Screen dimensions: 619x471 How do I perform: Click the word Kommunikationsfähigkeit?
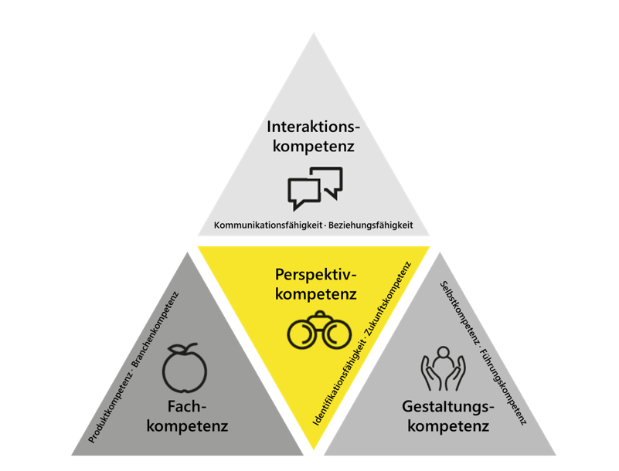point(268,225)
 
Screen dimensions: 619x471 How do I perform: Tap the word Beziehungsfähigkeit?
point(371,225)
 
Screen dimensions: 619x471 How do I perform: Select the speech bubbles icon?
point(315,188)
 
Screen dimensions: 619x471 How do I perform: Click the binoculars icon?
point(319,330)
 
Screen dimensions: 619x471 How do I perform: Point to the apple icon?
point(185,368)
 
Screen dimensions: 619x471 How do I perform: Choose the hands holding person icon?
point(443,368)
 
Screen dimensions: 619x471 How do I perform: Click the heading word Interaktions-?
point(314,127)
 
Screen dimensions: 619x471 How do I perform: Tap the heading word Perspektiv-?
point(315,275)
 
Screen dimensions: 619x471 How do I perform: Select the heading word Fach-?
point(187,406)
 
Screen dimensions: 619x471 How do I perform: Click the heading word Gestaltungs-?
point(448,407)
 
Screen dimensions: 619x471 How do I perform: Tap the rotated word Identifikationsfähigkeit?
point(338,383)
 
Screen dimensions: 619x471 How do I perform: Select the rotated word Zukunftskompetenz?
point(389,298)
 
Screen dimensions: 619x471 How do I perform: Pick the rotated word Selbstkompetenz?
point(460,312)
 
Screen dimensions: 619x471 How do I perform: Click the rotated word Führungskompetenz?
point(502,388)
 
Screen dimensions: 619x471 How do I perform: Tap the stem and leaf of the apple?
point(182,349)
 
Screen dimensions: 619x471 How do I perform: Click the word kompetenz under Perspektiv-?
point(316,294)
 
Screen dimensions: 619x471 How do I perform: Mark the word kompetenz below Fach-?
point(188,426)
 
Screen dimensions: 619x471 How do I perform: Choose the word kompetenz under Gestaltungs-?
point(448,426)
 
